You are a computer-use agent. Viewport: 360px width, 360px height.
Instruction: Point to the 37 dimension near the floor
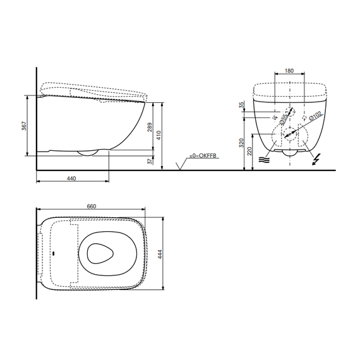coord(150,161)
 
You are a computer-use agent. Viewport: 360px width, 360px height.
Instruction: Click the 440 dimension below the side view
coord(71,179)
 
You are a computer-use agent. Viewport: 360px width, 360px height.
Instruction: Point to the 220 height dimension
coord(251,152)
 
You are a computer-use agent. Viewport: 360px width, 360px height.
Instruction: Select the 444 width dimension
coord(159,254)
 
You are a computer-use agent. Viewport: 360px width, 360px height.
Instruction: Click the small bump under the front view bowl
coord(290,154)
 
